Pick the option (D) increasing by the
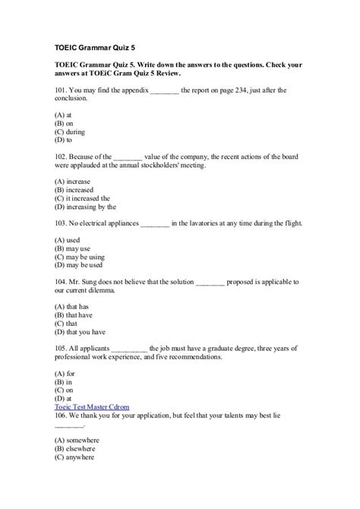(x=85, y=207)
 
